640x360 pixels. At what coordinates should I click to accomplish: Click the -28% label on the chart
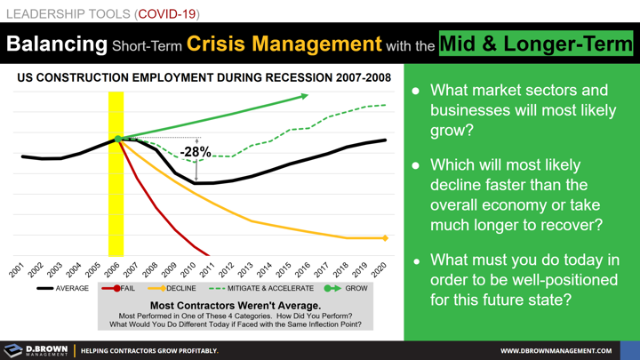tap(196, 152)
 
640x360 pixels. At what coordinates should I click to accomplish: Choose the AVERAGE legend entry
tap(63, 289)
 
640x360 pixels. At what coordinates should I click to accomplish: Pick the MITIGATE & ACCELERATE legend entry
tap(260, 289)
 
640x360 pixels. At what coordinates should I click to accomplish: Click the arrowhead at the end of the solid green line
tap(305, 95)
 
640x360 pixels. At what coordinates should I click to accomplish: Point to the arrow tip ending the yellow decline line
tap(385, 238)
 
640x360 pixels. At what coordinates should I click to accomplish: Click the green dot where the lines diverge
tap(117, 139)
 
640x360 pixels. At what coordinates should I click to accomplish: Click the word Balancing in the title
tap(56, 44)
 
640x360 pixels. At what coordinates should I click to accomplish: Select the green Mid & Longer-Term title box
tap(536, 44)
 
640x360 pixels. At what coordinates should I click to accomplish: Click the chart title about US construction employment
tap(203, 78)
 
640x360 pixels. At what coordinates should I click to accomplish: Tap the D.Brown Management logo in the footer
tap(36, 350)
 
